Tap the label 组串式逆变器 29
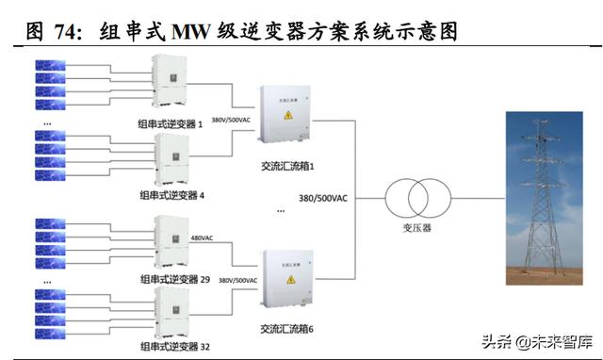pyautogui.click(x=173, y=280)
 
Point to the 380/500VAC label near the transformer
pyautogui.click(x=323, y=199)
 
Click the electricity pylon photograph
pyautogui.click(x=538, y=197)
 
